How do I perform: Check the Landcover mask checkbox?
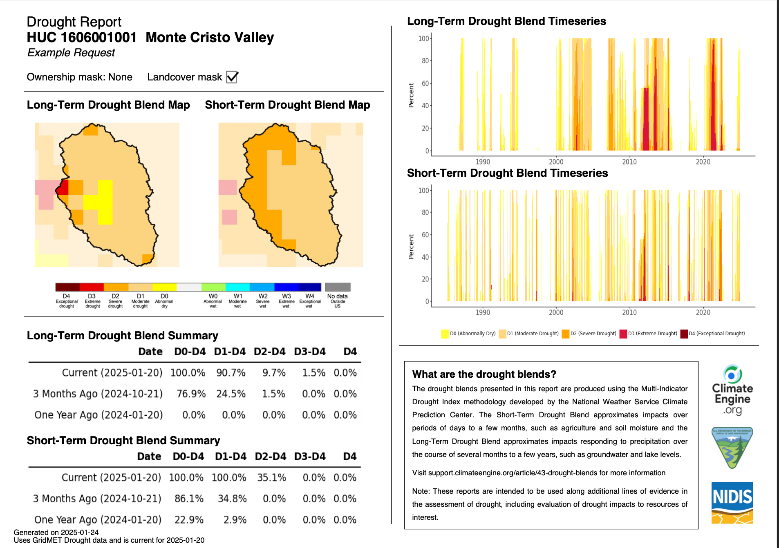click(x=232, y=77)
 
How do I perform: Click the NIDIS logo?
click(x=732, y=503)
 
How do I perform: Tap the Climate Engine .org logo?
click(x=732, y=390)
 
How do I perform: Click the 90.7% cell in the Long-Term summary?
click(x=231, y=373)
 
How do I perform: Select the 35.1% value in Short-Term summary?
click(x=271, y=478)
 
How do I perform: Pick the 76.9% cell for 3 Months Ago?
click(x=191, y=394)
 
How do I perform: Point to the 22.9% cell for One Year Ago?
click(x=189, y=520)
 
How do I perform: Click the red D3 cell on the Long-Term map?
click(x=63, y=189)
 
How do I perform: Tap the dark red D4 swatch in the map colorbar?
click(x=67, y=287)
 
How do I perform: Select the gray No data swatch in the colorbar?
click(x=338, y=287)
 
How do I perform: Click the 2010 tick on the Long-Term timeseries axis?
click(x=629, y=162)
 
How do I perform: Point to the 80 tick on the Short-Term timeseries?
click(x=425, y=212)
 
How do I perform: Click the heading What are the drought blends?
click(x=484, y=374)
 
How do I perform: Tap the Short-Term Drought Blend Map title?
click(x=287, y=105)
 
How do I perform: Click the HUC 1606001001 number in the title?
click(x=82, y=38)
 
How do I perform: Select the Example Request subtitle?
click(x=71, y=53)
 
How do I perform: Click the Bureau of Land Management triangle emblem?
click(x=732, y=448)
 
